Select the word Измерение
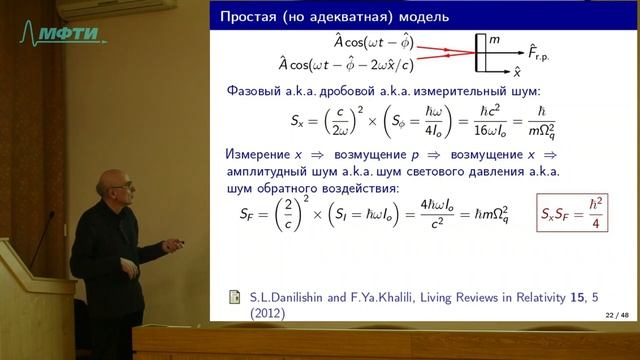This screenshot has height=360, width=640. (261, 155)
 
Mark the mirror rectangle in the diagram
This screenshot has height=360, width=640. (482, 51)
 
